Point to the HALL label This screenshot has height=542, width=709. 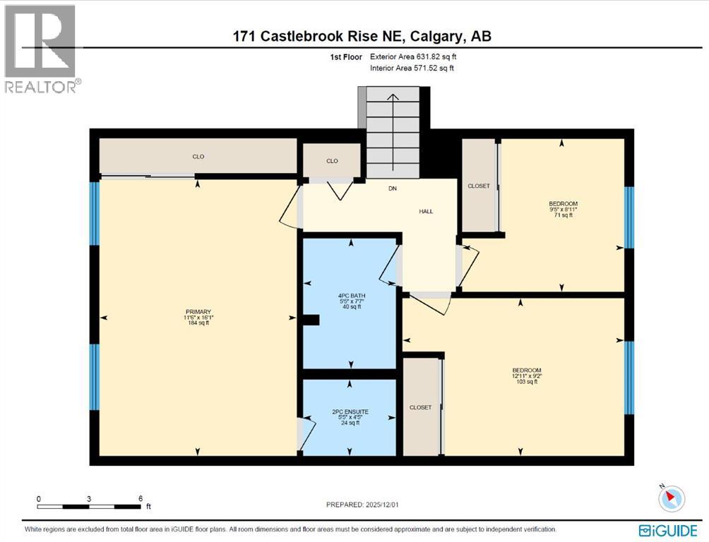coord(425,211)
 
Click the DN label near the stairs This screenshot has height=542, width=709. coord(393,188)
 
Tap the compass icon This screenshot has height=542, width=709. coord(672,498)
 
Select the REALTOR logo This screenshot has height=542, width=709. coord(41,49)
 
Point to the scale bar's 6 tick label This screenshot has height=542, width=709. coord(141,498)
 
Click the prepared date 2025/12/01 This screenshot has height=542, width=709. coord(367,505)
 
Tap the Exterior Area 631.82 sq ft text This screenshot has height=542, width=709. coord(418,56)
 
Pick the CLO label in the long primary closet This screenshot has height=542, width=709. coord(198,157)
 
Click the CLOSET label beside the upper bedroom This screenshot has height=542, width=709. coord(479,186)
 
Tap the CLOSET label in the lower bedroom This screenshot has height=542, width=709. coord(420,407)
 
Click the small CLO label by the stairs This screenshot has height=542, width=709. coord(332,161)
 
